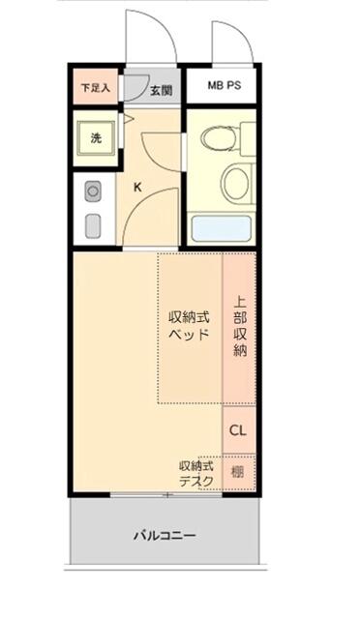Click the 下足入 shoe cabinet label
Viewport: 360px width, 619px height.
[95, 87]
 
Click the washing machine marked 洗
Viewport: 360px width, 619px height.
[96, 137]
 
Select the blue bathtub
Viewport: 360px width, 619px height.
[222, 229]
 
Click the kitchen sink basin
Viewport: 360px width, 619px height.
[93, 224]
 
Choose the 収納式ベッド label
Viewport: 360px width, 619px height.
[189, 326]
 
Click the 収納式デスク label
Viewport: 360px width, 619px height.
[195, 473]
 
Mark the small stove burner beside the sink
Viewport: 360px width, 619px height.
[92, 189]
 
